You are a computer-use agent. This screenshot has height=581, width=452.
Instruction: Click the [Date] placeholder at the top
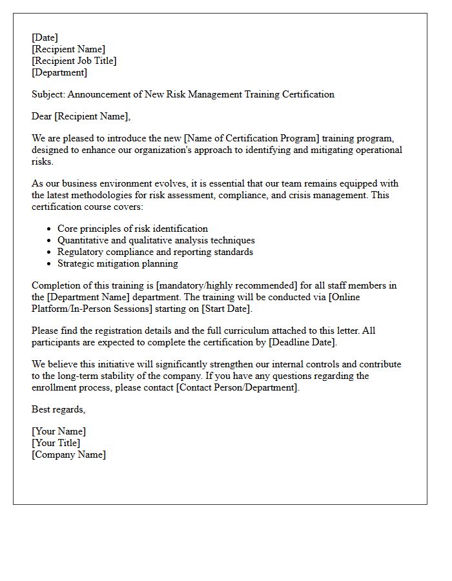tap(45, 37)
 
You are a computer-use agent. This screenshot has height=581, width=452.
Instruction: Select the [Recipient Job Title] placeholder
tap(74, 61)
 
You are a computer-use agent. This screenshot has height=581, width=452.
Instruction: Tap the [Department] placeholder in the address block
tap(59, 72)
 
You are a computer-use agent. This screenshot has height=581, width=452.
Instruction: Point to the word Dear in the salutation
tap(42, 116)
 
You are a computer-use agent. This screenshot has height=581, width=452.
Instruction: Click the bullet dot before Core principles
tap(50, 229)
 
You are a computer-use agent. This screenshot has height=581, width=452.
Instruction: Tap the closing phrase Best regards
tap(58, 409)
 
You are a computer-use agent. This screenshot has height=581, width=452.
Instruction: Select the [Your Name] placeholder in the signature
tap(59, 431)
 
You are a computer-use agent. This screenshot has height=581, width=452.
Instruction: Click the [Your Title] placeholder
tap(56, 443)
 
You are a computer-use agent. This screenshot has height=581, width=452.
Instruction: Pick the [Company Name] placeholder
tap(68, 454)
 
